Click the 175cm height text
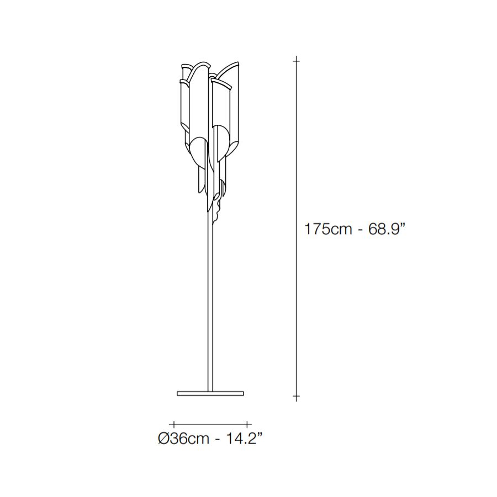328,229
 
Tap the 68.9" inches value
387,229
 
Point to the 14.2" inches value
244,438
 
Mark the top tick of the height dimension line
296,60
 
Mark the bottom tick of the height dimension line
296,396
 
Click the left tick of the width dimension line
174,424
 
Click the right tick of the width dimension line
247,424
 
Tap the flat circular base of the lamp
210,393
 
